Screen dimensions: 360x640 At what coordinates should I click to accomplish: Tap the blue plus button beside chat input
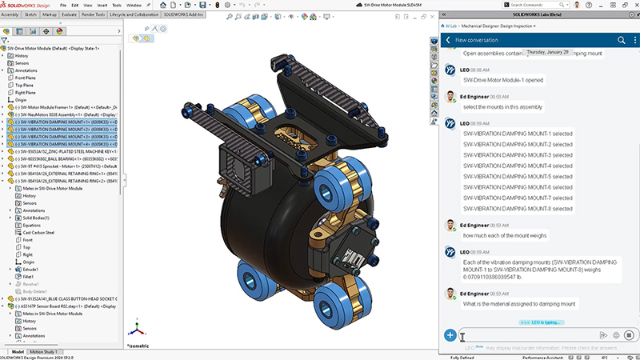450,335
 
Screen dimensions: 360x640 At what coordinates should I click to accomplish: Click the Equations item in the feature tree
32,225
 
